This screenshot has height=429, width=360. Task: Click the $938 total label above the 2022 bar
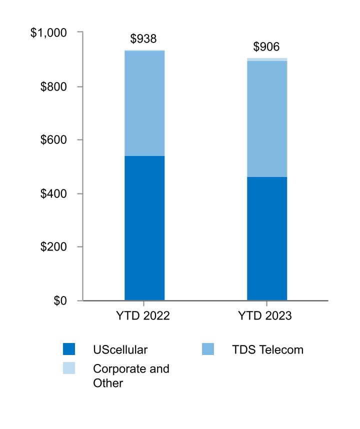pos(143,39)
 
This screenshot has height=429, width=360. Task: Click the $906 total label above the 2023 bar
pos(266,47)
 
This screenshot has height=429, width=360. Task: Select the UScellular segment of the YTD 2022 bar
pos(144,228)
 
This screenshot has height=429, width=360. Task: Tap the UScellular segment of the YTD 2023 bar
pos(267,238)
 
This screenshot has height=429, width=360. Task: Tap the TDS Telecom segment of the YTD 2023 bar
pos(267,119)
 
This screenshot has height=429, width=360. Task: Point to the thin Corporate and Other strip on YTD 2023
pos(267,59)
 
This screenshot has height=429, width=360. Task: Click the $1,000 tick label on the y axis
pos(48,33)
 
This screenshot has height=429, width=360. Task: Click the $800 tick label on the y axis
pos(53,86)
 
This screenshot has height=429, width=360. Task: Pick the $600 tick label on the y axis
pos(53,140)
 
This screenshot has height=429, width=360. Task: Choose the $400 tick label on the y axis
pos(53,193)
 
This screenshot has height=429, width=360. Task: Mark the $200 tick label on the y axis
pos(53,247)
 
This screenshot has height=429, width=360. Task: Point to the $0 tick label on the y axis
pos(60,300)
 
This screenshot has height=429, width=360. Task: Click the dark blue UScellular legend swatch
pos(69,349)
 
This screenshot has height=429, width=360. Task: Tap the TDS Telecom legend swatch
pos(207,349)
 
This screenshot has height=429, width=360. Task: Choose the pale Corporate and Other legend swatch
pos(69,368)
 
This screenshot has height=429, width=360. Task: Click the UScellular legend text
pos(120,349)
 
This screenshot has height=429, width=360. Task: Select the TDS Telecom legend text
pos(267,349)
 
